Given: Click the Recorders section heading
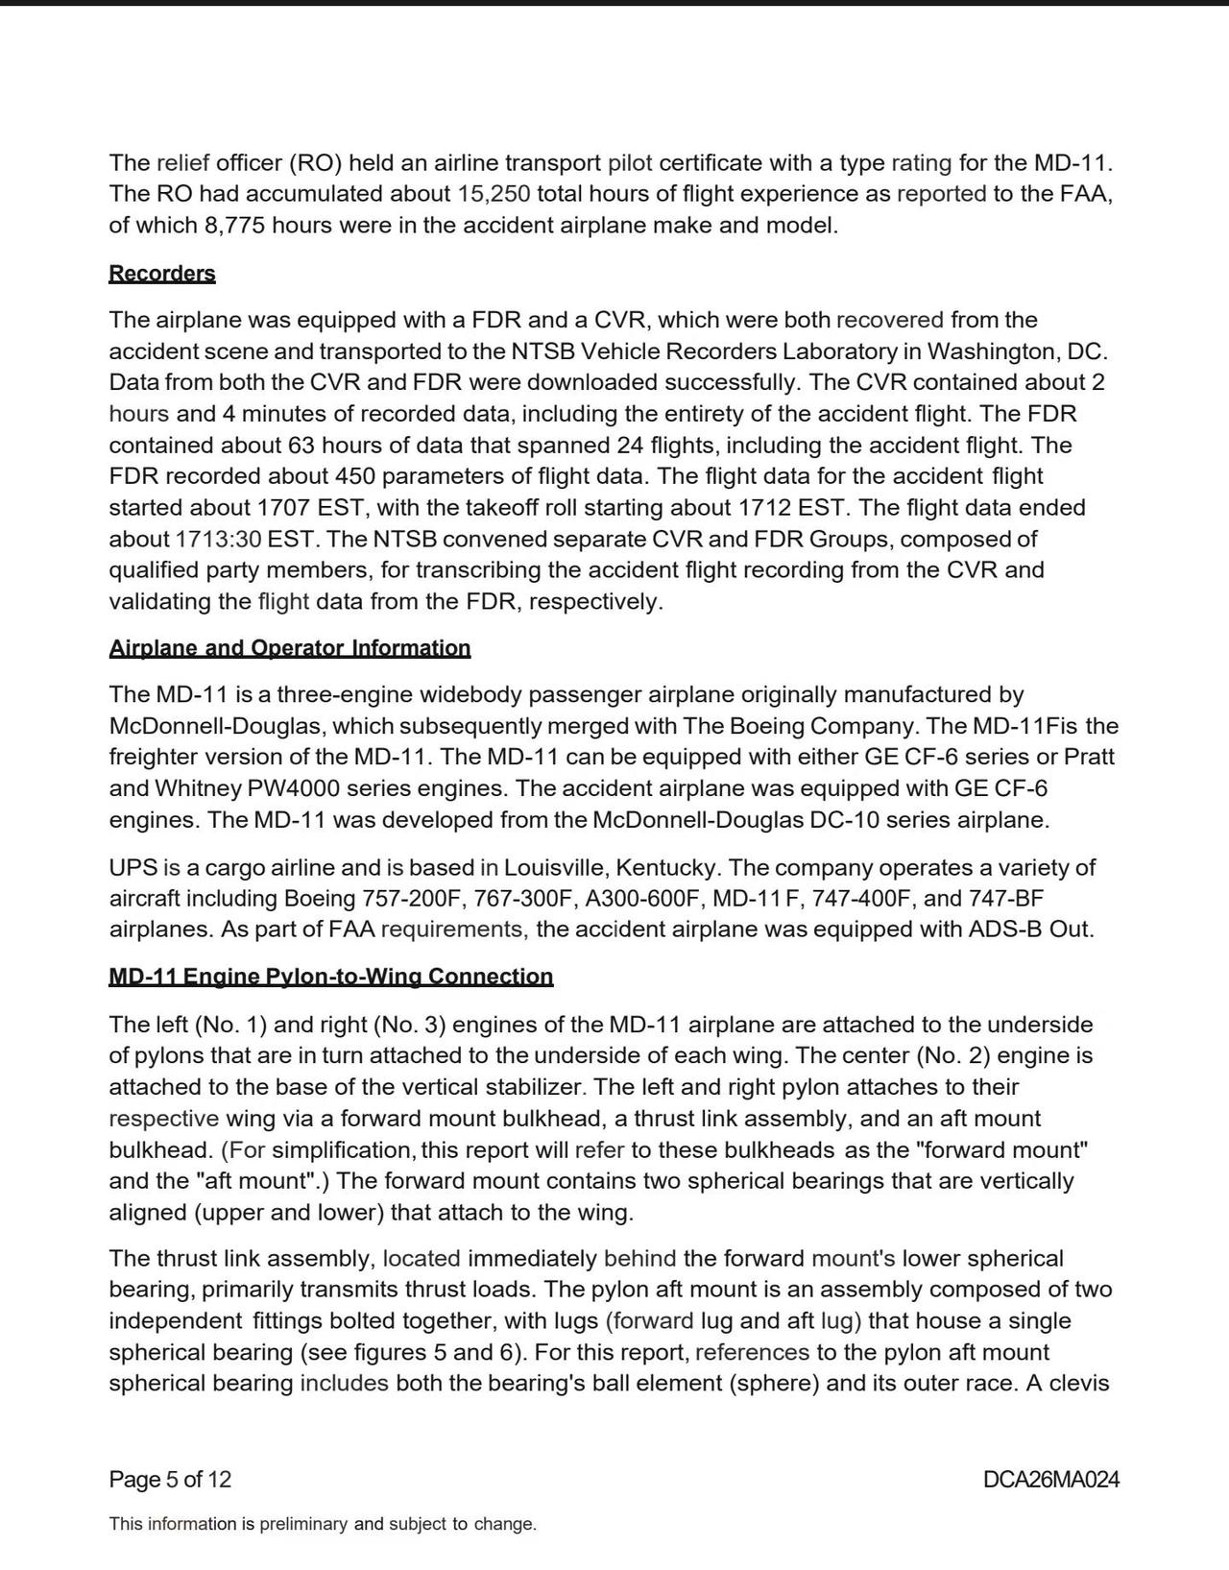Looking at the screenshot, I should click(161, 274).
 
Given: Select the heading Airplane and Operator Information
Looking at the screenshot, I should click(289, 648).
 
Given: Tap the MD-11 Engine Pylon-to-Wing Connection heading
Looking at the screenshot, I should click(330, 977).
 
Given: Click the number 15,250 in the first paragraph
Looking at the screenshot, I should click(494, 194).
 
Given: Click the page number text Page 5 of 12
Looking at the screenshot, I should click(170, 1479).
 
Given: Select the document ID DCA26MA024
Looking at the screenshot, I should click(1050, 1479).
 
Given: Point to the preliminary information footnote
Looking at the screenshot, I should click(323, 1524).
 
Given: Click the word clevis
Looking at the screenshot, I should click(1075, 1384).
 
